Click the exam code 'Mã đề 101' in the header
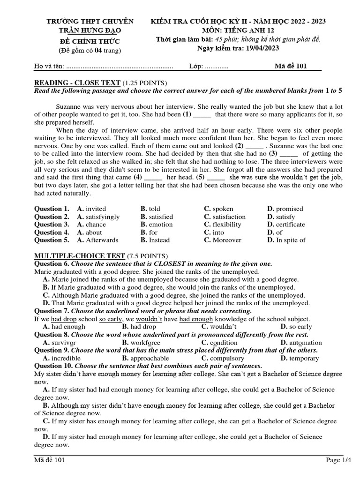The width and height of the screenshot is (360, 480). (290, 66)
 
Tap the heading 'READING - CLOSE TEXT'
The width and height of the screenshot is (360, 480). (78, 82)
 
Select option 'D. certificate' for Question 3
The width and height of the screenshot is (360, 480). (286, 225)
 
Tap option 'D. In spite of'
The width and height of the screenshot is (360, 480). (286, 240)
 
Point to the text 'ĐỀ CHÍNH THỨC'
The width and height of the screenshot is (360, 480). (90, 40)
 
